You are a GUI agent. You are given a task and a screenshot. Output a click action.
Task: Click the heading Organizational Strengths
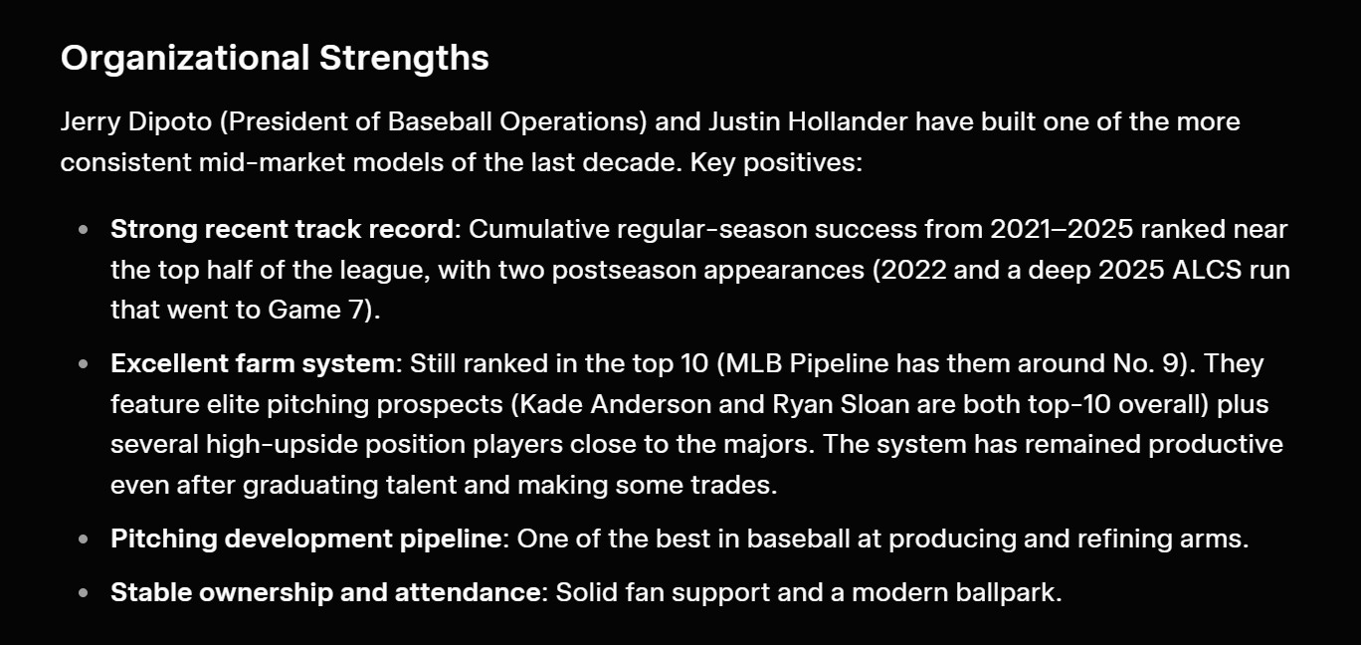click(x=275, y=59)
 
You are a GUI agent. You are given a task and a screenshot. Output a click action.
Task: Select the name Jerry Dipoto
click(x=136, y=122)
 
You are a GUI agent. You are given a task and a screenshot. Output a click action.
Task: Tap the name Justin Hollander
click(x=808, y=121)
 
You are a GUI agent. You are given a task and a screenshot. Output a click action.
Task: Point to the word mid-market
click(x=272, y=162)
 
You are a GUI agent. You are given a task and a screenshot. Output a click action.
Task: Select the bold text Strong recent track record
click(x=282, y=229)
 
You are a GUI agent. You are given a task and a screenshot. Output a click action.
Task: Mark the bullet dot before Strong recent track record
click(x=84, y=230)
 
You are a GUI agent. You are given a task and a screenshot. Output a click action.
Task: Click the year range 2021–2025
click(x=1062, y=229)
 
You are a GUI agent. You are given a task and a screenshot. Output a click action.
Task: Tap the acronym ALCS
click(x=1206, y=270)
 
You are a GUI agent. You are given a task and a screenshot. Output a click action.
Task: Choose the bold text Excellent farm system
click(x=253, y=363)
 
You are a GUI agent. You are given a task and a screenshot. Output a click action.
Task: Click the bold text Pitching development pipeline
click(x=305, y=538)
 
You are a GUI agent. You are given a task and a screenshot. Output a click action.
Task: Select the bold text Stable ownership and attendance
click(x=325, y=592)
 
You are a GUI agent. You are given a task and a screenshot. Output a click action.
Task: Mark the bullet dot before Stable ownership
click(x=84, y=592)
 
